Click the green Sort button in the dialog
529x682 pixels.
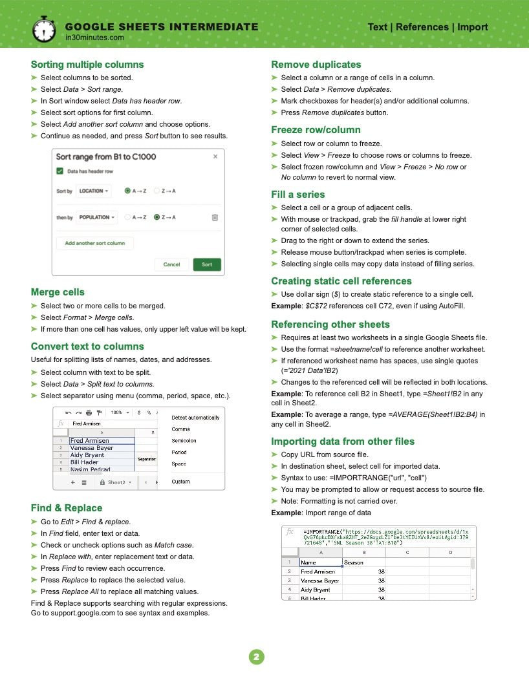click(207, 264)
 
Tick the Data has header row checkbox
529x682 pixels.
click(60, 171)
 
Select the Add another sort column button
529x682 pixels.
click(95, 243)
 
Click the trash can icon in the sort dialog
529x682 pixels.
click(215, 218)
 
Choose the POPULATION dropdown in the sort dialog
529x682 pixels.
click(96, 218)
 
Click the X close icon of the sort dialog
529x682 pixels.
click(215, 156)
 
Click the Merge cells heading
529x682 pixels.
click(58, 292)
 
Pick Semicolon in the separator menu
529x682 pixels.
click(184, 441)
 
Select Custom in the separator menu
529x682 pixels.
click(180, 482)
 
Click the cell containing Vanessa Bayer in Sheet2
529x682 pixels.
click(92, 447)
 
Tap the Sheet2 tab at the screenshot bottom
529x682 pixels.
click(118, 482)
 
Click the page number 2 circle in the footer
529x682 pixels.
click(257, 657)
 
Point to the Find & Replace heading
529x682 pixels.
click(67, 508)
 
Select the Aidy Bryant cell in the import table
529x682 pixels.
click(320, 590)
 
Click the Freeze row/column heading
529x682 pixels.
click(316, 130)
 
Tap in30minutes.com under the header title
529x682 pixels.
click(94, 38)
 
